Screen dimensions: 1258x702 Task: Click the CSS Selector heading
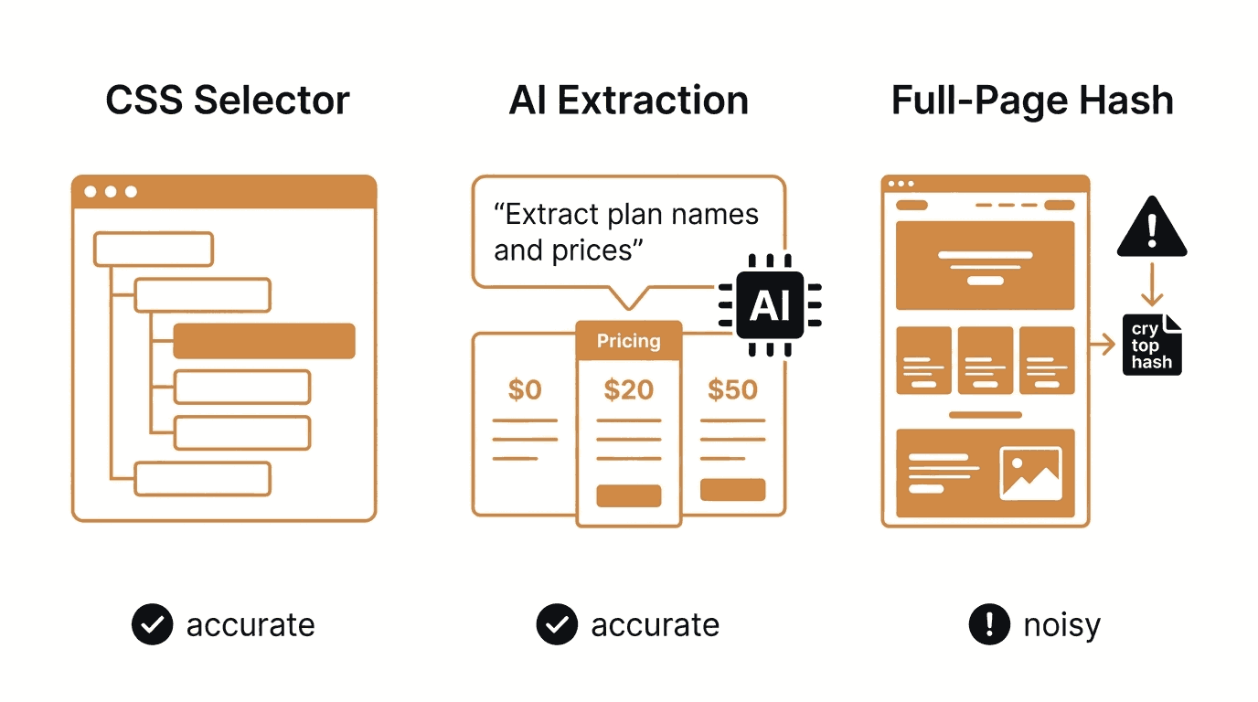228,100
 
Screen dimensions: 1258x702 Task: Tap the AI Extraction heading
628,100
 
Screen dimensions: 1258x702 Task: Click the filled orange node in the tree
264,341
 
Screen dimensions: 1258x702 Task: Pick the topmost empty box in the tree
154,249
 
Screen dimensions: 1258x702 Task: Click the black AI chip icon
770,305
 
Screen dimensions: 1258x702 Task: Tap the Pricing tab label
628,340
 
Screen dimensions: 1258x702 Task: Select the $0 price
525,389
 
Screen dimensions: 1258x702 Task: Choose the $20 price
628,389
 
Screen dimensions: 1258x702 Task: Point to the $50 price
732,389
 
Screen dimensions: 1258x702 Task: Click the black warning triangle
1152,227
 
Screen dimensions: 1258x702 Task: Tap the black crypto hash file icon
1152,345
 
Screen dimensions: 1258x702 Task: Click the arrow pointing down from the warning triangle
1152,284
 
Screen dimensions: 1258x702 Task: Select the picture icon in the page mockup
1030,473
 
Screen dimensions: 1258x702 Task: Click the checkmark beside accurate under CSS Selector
152,624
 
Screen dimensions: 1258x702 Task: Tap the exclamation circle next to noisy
989,624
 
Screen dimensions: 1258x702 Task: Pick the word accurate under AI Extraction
655,625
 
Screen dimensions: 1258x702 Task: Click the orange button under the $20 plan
628,495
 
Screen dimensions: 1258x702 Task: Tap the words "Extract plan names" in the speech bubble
626,214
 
